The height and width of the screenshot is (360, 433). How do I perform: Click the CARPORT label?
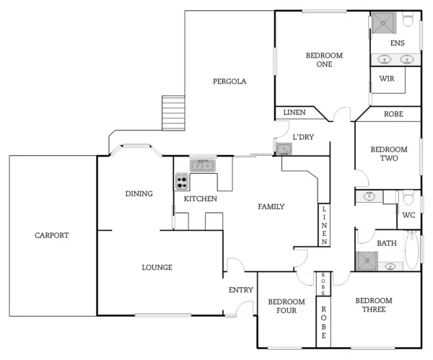point(52,235)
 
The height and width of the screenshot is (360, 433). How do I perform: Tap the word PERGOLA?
point(229,82)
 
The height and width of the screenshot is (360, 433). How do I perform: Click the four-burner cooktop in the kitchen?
point(182,181)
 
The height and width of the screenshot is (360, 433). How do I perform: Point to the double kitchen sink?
point(203,166)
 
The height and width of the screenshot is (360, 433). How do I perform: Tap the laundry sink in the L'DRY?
point(284,149)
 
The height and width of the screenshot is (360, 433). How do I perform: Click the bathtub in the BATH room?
point(411,251)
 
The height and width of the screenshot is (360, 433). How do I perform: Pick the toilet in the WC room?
point(408,198)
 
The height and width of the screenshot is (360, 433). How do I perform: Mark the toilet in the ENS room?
point(408,21)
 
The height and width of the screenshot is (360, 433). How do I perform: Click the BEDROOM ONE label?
point(324,60)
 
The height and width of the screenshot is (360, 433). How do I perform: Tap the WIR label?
point(387,79)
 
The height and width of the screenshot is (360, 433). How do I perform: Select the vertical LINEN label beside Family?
point(325,224)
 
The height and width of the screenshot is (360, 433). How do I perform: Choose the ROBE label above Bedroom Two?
point(393,114)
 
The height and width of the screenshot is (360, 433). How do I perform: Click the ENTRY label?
point(241,289)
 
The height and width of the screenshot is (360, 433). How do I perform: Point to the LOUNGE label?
point(157,268)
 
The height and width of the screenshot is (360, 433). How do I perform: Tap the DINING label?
point(139,193)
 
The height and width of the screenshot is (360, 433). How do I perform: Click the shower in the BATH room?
point(367,261)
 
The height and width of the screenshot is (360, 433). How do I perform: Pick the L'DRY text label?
point(302,136)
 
